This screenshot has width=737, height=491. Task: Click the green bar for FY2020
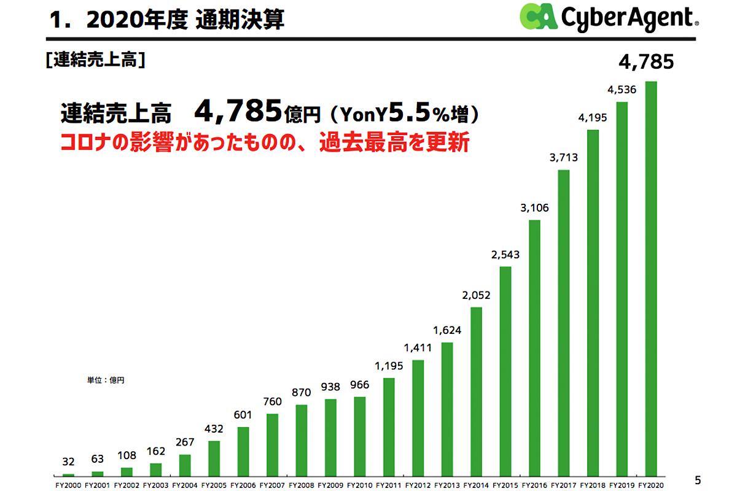pos(651,279)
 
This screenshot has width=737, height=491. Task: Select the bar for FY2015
pos(505,371)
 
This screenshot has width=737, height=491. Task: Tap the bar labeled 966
pos(360,436)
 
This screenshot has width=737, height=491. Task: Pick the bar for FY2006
pos(243,451)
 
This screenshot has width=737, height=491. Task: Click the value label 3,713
pos(563,158)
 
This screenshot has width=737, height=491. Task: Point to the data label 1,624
pos(447,330)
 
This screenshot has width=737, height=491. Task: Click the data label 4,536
pos(622,90)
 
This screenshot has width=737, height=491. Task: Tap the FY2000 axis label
pos(68,485)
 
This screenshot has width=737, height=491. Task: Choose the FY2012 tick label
pos(418,485)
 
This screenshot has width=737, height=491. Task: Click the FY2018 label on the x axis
pos(593,485)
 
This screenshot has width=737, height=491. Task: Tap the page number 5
pos(697,479)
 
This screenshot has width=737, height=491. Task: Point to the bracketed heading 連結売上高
pos(95,60)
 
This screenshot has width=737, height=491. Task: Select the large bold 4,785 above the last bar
pos(646,61)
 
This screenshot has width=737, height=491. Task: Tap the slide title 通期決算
pos(240,20)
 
